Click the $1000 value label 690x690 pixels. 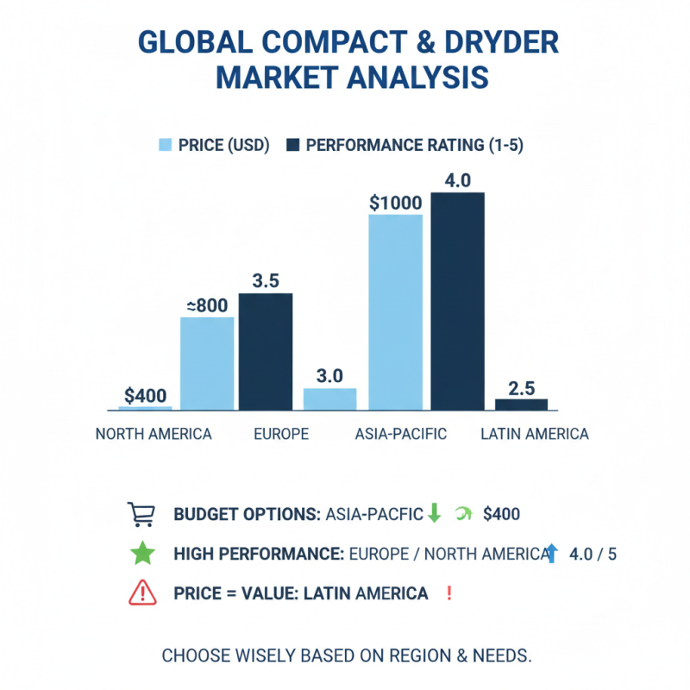click(x=395, y=204)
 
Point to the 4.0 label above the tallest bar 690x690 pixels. click(x=456, y=181)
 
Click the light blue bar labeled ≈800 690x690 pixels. click(x=207, y=363)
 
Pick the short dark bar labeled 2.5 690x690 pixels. click(x=521, y=404)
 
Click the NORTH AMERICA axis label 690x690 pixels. click(x=154, y=434)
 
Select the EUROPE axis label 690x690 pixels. click(x=281, y=434)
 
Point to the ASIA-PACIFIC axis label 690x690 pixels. click(x=401, y=434)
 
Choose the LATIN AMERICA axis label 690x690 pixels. click(x=535, y=434)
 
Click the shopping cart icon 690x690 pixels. click(x=141, y=514)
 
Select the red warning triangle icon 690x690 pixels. click(x=141, y=593)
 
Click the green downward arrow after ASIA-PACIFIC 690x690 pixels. click(x=434, y=514)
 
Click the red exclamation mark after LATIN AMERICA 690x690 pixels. click(x=448, y=593)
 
